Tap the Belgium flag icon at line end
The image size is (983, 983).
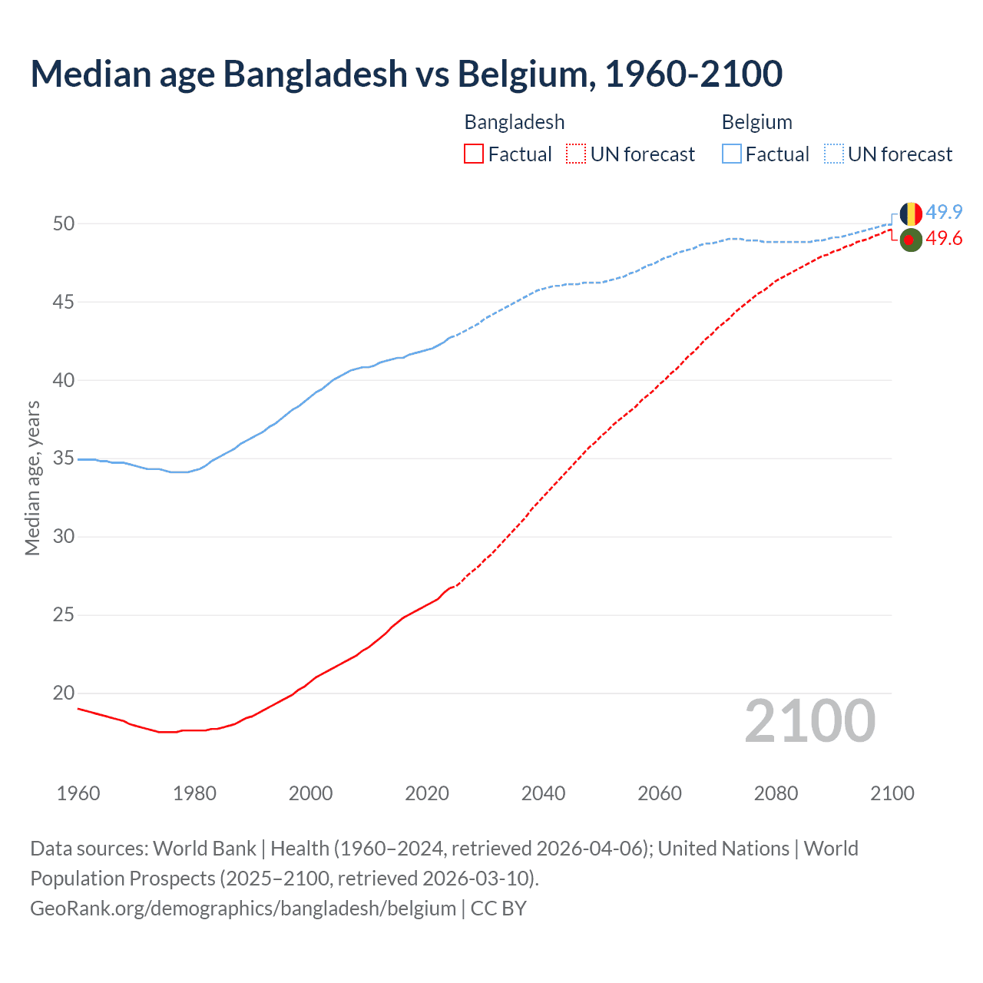pos(911,213)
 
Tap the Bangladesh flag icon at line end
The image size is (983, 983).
pos(911,240)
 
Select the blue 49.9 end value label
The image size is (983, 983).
pos(944,212)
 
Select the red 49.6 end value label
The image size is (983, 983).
pos(944,239)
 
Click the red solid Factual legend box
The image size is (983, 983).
pos(474,154)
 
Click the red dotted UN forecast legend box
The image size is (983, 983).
pos(576,154)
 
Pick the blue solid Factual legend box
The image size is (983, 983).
pos(731,154)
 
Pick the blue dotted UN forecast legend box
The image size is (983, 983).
pos(833,154)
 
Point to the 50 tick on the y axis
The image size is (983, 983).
pos(64,223)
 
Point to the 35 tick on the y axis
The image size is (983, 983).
pos(64,458)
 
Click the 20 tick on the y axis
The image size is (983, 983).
pos(64,693)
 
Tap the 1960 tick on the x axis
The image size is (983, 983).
pos(78,793)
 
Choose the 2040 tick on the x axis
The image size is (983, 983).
pos(543,793)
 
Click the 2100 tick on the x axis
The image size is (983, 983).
pos(892,793)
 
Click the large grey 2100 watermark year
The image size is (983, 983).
pos(809,721)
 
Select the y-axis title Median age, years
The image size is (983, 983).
pos(32,478)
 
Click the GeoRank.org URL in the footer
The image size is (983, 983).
pos(243,908)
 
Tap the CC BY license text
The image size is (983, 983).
pos(498,908)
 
